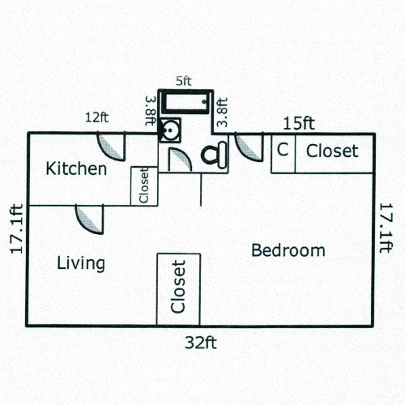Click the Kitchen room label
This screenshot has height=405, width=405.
pyautogui.click(x=76, y=169)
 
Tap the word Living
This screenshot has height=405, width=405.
pyautogui.click(x=81, y=263)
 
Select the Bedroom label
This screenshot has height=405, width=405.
pyautogui.click(x=288, y=250)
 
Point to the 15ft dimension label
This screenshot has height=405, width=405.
pyautogui.click(x=298, y=123)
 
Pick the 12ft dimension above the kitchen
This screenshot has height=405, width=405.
pyautogui.click(x=96, y=117)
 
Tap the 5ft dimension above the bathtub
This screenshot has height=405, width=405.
pyautogui.click(x=184, y=82)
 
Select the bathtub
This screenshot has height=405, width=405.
pyautogui.click(x=184, y=103)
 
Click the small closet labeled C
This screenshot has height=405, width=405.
pyautogui.click(x=283, y=151)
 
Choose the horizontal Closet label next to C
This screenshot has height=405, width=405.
pyautogui.click(x=331, y=151)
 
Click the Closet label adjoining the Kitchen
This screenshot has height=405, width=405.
pyautogui.click(x=144, y=185)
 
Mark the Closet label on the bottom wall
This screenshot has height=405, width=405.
pyautogui.click(x=178, y=288)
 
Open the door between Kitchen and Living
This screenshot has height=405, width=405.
pyautogui.click(x=89, y=218)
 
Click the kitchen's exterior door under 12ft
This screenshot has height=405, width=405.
pyautogui.click(x=111, y=144)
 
